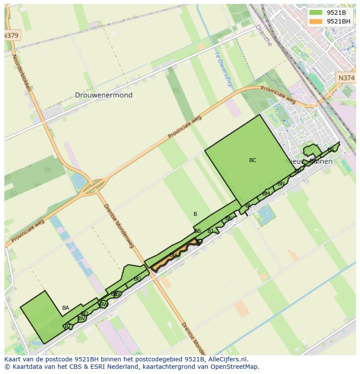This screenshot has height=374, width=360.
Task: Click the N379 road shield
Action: (11, 36)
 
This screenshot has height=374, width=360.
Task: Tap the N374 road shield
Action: (346, 78)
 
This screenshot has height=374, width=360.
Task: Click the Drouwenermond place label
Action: (103, 95)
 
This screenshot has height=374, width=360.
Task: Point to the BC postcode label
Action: (253, 160)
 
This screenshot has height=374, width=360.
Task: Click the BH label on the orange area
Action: (173, 255)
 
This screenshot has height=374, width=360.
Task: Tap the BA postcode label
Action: (66, 308)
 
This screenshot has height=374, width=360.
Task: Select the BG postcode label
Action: (137, 279)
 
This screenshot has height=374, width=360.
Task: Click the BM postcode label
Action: (266, 194)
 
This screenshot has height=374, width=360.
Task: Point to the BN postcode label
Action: (281, 184)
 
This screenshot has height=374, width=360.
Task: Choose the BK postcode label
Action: (228, 218)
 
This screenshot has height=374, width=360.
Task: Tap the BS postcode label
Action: (331, 150)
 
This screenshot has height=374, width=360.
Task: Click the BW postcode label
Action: (103, 304)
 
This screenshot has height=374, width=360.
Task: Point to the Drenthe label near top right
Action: (263, 35)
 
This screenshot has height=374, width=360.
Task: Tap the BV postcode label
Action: (81, 318)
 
